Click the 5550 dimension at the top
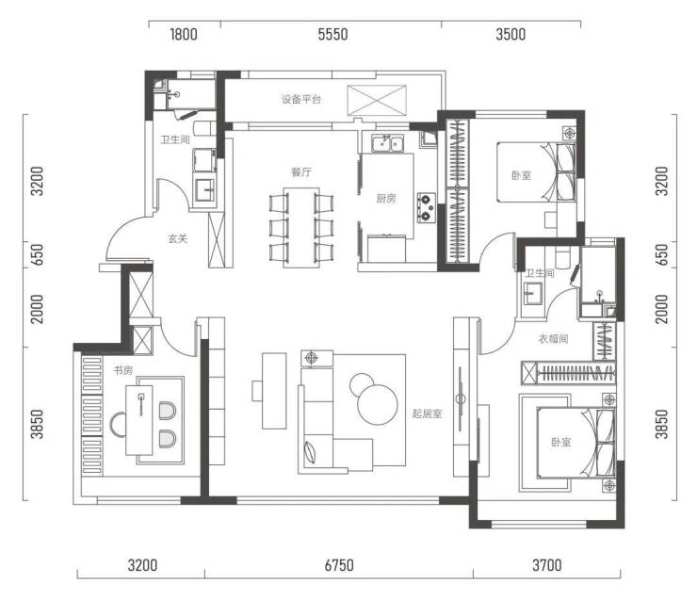[x=332, y=34]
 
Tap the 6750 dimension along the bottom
[x=339, y=565]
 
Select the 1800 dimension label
[x=184, y=34]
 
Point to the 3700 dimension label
[x=546, y=565]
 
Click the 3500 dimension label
[x=511, y=34]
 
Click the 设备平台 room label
[x=301, y=99]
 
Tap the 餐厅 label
[x=301, y=172]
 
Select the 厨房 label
[x=385, y=198]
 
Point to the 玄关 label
[x=177, y=238]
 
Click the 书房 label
[x=123, y=370]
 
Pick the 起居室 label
[x=427, y=414]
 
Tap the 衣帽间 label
[x=553, y=339]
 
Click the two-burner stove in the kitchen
[x=426, y=208]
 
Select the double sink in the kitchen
[x=388, y=143]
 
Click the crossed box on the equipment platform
[x=377, y=100]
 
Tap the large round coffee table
[x=378, y=404]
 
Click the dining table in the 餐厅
[x=301, y=228]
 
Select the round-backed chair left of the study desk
[x=118, y=426]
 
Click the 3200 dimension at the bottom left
[x=142, y=565]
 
